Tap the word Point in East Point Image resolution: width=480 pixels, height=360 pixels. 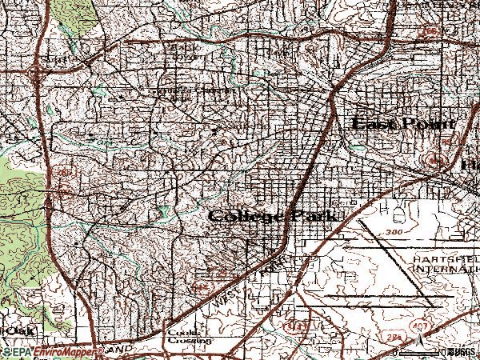[x=428, y=124]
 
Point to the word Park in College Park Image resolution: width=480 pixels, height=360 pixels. [x=314, y=217]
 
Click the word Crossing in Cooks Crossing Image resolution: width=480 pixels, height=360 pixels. [x=188, y=340]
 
